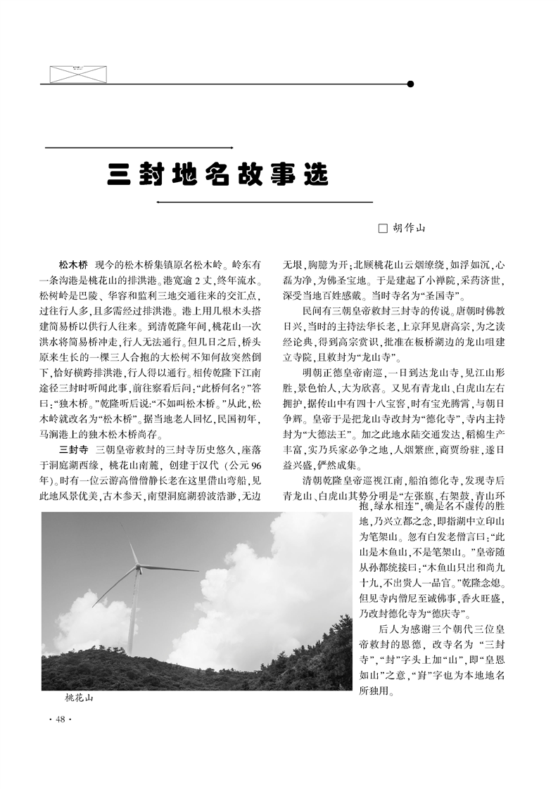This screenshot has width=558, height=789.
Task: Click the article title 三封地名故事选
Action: pos(217,174)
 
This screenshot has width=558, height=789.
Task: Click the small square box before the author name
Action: pos(383,228)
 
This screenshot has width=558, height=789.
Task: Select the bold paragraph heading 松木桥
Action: pos(73,265)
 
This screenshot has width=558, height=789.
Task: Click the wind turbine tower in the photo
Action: pos(131,612)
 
